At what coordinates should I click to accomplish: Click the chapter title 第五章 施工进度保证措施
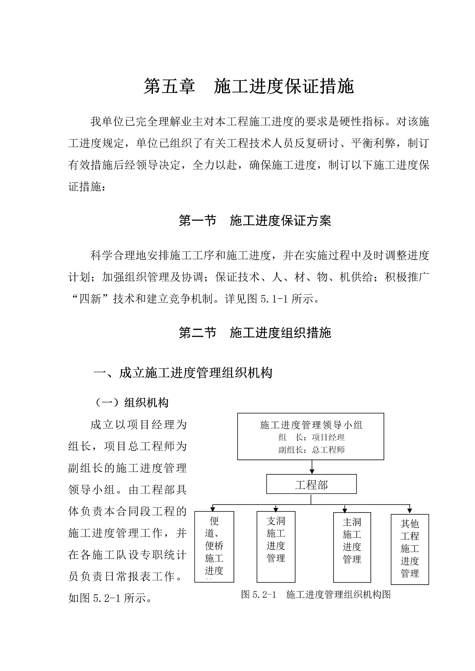pos(249,87)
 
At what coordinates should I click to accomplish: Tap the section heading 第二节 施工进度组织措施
pos(255,333)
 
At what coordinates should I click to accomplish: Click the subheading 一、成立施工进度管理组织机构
pos(183,373)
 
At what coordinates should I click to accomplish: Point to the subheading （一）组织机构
pos(131,403)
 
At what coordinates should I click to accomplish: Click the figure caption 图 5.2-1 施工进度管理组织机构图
pos(316,594)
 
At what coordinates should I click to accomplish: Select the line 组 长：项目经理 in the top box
pos(311,437)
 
